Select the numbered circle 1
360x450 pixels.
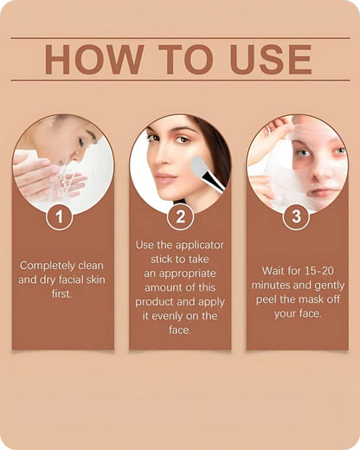click(x=59, y=217)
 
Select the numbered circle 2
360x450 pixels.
click(x=180, y=217)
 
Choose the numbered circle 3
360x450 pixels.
click(x=296, y=217)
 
